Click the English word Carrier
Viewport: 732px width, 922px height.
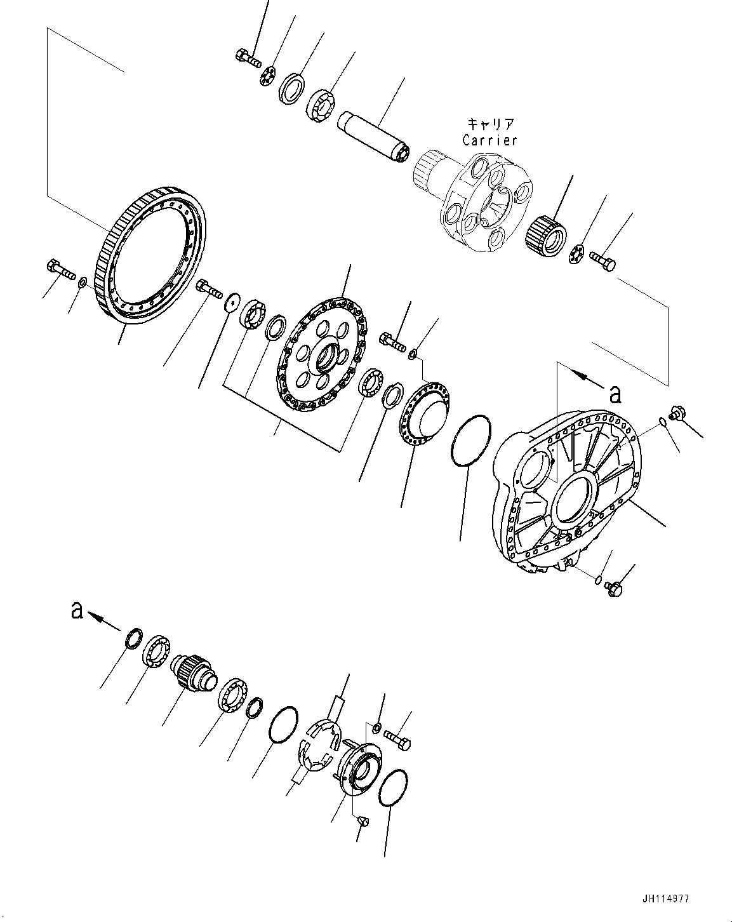coord(489,140)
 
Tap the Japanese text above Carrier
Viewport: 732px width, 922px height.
coord(489,123)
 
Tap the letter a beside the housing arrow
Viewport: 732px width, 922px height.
coord(614,394)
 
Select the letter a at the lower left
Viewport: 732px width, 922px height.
coord(77,610)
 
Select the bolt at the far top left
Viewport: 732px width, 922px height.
coord(248,58)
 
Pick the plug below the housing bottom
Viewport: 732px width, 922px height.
coord(615,588)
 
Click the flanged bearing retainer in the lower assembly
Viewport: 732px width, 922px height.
coord(360,767)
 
